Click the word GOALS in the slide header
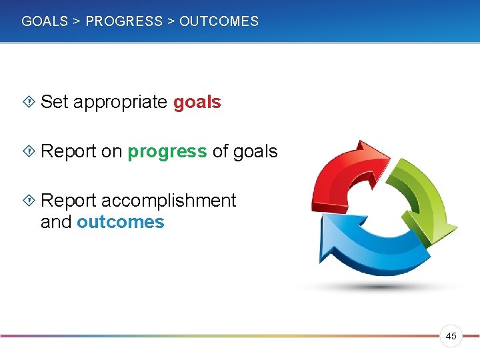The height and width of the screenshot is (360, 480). [45, 21]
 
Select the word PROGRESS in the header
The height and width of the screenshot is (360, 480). [124, 21]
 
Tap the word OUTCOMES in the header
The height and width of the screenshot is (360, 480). [219, 21]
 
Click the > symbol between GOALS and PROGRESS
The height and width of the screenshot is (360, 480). [77, 21]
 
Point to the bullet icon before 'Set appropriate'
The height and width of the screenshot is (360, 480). [29, 102]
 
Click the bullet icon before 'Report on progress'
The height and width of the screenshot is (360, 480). [29, 151]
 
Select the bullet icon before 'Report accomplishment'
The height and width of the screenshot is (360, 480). [29, 201]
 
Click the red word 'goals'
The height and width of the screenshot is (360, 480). [197, 103]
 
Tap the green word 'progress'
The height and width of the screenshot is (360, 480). [167, 152]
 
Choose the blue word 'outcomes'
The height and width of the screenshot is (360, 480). [120, 222]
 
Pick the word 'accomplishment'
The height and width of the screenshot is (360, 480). [168, 201]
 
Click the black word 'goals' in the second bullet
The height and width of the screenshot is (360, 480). [255, 152]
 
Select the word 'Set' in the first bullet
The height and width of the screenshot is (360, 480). [55, 102]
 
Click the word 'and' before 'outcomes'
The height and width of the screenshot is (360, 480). [56, 222]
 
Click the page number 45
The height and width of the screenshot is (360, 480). [451, 337]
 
